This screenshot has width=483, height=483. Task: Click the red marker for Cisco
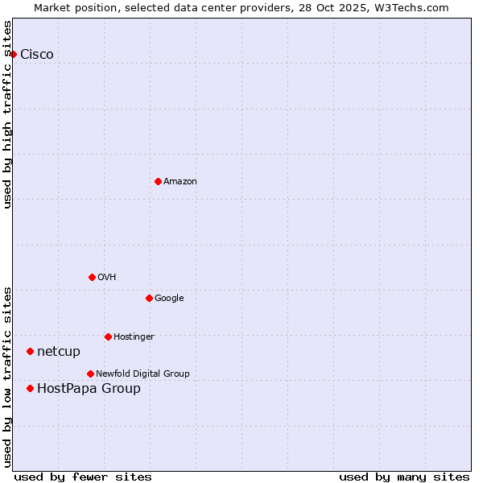pyautogui.click(x=14, y=54)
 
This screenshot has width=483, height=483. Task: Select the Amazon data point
pyautogui.click(x=158, y=181)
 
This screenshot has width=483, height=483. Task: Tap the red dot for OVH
pyautogui.click(x=92, y=277)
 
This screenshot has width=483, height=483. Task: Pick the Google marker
pyautogui.click(x=149, y=298)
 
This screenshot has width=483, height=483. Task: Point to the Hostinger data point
pyautogui.click(x=108, y=336)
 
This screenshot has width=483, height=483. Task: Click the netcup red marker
pyautogui.click(x=30, y=351)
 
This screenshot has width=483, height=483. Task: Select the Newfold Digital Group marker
pyautogui.click(x=90, y=374)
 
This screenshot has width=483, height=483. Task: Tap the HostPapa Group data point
pyautogui.click(x=30, y=388)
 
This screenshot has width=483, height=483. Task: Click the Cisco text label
pyautogui.click(x=37, y=55)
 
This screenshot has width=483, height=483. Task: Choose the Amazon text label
pyautogui.click(x=180, y=182)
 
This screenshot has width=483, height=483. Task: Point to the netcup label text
pyautogui.click(x=59, y=352)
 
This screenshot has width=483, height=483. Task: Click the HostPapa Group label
pyautogui.click(x=89, y=389)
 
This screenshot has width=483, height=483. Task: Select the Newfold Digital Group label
pyautogui.click(x=142, y=374)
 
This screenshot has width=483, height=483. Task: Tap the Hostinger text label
pyautogui.click(x=134, y=336)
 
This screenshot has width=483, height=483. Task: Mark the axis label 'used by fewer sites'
pyautogui.click(x=83, y=477)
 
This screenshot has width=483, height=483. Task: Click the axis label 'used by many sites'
pyautogui.click(x=404, y=477)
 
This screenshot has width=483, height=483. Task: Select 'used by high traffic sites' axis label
pyautogui.click(x=8, y=114)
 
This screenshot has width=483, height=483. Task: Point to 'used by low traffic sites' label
pyautogui.click(x=8, y=376)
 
